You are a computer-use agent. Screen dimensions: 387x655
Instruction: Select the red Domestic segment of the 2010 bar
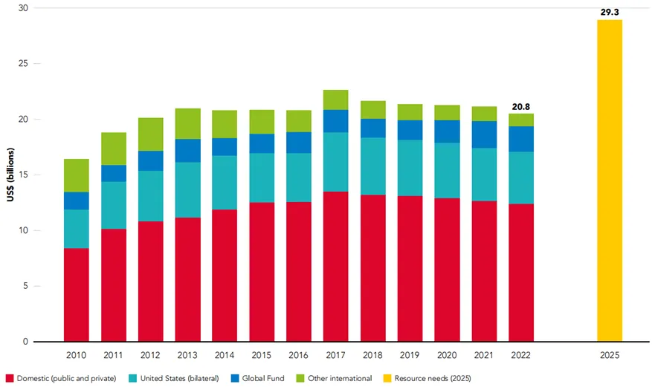[x=77, y=295]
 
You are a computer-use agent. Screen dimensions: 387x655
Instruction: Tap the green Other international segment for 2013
[x=188, y=123]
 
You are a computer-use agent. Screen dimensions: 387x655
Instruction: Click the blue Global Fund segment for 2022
[x=521, y=139]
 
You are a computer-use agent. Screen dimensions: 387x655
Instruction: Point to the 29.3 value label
[x=609, y=12]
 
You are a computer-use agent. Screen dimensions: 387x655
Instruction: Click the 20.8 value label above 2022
[x=521, y=106]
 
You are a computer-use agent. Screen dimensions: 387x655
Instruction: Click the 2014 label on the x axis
[x=225, y=355]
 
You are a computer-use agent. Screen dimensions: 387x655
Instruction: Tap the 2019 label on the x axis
[x=410, y=355]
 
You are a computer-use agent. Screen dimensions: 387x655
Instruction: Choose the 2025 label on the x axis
[x=609, y=355]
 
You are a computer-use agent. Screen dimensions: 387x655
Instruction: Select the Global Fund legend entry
[x=262, y=379]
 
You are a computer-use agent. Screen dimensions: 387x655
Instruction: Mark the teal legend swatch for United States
[x=132, y=379]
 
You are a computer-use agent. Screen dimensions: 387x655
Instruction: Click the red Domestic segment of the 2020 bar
[x=447, y=270]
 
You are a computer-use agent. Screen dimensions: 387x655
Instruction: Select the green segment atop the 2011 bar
[x=114, y=149]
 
